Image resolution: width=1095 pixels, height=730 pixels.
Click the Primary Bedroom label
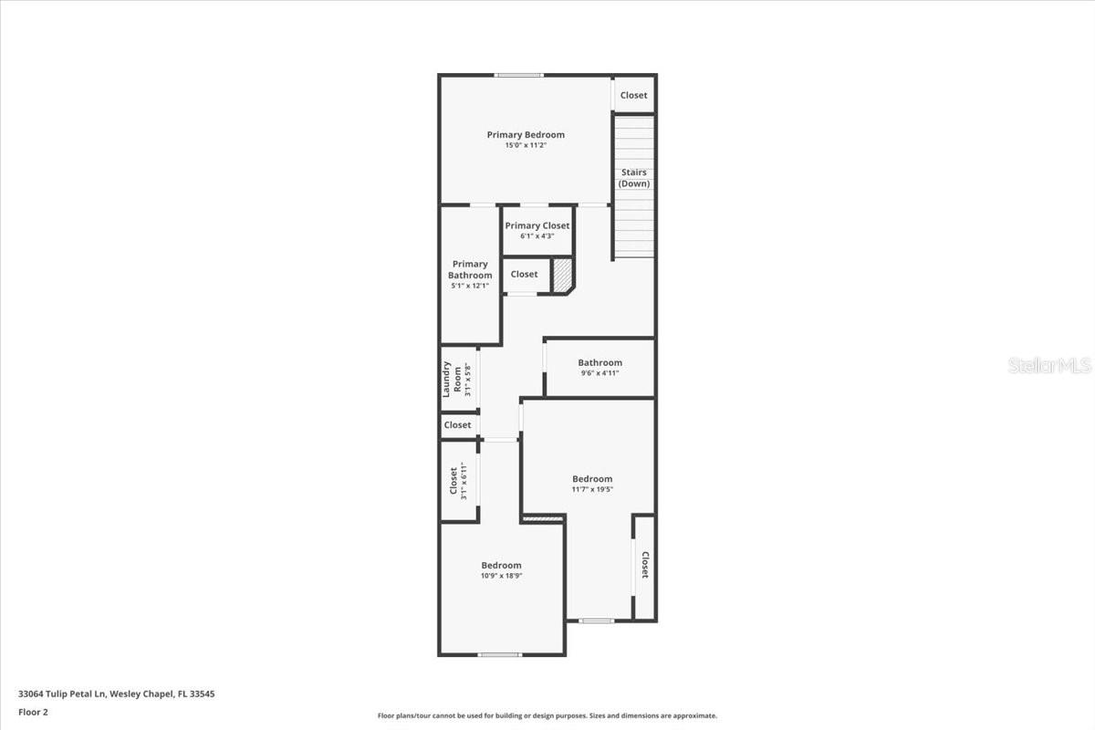(x=526, y=135)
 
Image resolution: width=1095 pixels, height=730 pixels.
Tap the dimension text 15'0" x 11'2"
(x=526, y=145)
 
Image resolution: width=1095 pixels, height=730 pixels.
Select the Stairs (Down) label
(x=634, y=178)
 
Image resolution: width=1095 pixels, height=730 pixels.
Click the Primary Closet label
(x=537, y=225)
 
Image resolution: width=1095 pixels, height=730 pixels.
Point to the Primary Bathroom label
(x=470, y=270)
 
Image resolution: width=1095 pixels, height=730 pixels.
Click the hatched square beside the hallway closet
(x=563, y=274)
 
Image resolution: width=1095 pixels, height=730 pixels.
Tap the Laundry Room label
(x=452, y=379)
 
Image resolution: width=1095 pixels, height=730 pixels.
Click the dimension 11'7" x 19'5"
(x=592, y=489)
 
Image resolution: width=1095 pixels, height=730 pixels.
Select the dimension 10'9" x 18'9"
(x=501, y=576)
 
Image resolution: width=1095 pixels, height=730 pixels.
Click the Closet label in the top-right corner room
(x=633, y=95)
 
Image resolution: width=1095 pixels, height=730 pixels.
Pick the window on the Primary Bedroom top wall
(x=519, y=75)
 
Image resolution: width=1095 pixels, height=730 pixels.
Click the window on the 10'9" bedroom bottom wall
(x=499, y=654)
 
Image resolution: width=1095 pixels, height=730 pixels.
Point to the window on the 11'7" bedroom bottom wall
(x=597, y=621)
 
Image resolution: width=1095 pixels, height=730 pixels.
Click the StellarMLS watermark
(x=1049, y=366)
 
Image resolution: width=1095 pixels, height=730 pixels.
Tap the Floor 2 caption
(x=33, y=712)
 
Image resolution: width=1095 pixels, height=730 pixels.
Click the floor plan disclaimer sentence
(x=547, y=715)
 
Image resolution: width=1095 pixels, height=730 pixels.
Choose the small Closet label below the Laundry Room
(x=457, y=425)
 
